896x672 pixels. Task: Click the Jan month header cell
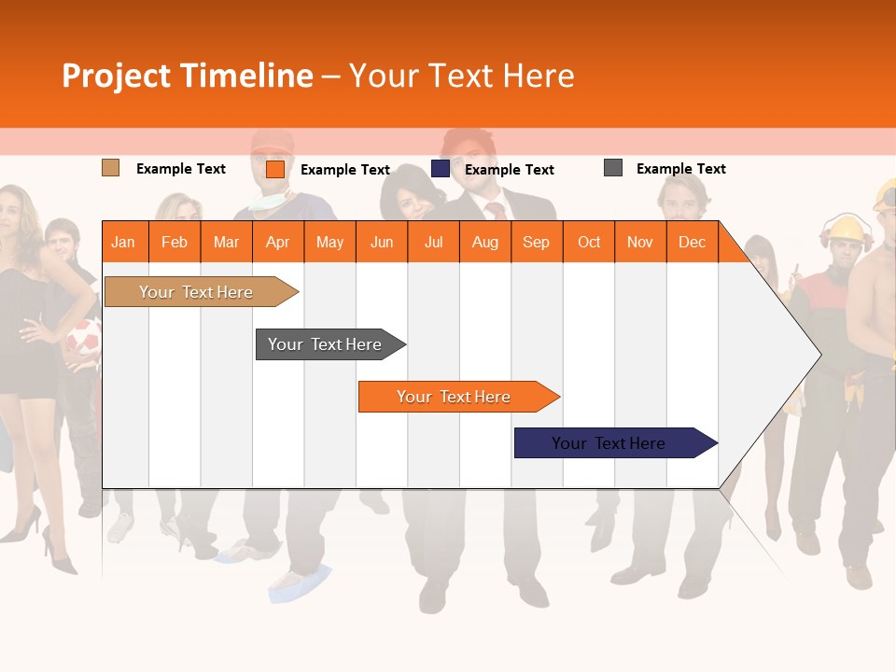tap(124, 242)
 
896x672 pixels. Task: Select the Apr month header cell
tap(278, 242)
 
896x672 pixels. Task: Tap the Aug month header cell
tap(484, 242)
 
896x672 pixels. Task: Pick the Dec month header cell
tap(692, 242)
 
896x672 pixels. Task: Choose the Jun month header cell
tap(382, 242)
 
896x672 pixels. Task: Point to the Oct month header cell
tap(589, 242)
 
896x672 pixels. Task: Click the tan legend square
tap(110, 168)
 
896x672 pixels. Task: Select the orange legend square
tap(274, 169)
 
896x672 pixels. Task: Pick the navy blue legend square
tap(441, 168)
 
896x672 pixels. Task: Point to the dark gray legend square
tap(613, 168)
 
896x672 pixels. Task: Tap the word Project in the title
tap(117, 76)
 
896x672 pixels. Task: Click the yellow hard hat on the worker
tap(847, 229)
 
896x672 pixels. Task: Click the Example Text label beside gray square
tap(680, 169)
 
